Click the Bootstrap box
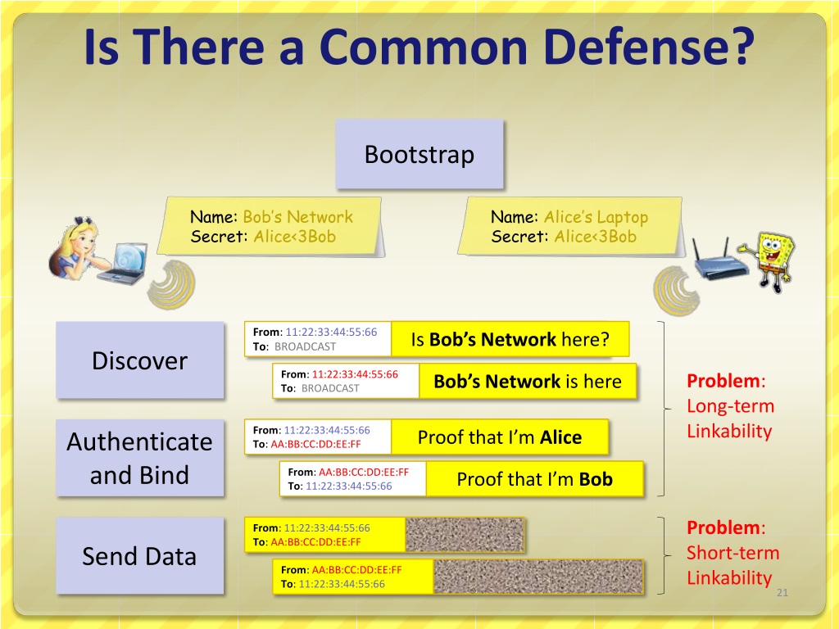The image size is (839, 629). click(x=419, y=154)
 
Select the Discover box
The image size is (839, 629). click(x=139, y=360)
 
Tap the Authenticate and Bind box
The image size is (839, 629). click(x=139, y=458)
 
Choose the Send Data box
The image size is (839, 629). click(x=139, y=556)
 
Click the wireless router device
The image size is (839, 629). click(x=719, y=260)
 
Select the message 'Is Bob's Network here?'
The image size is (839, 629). click(x=510, y=339)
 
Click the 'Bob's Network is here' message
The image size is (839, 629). click(x=528, y=382)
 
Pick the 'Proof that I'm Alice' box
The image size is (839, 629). click(x=500, y=437)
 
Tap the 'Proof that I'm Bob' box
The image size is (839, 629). click(x=534, y=479)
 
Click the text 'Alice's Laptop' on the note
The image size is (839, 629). click(x=596, y=217)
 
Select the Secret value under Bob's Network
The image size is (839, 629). click(x=295, y=237)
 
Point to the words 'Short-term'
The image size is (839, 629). click(x=732, y=553)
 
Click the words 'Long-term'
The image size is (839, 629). click(x=730, y=406)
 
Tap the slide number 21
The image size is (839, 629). click(x=782, y=593)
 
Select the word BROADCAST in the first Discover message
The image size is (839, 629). click(x=305, y=346)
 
